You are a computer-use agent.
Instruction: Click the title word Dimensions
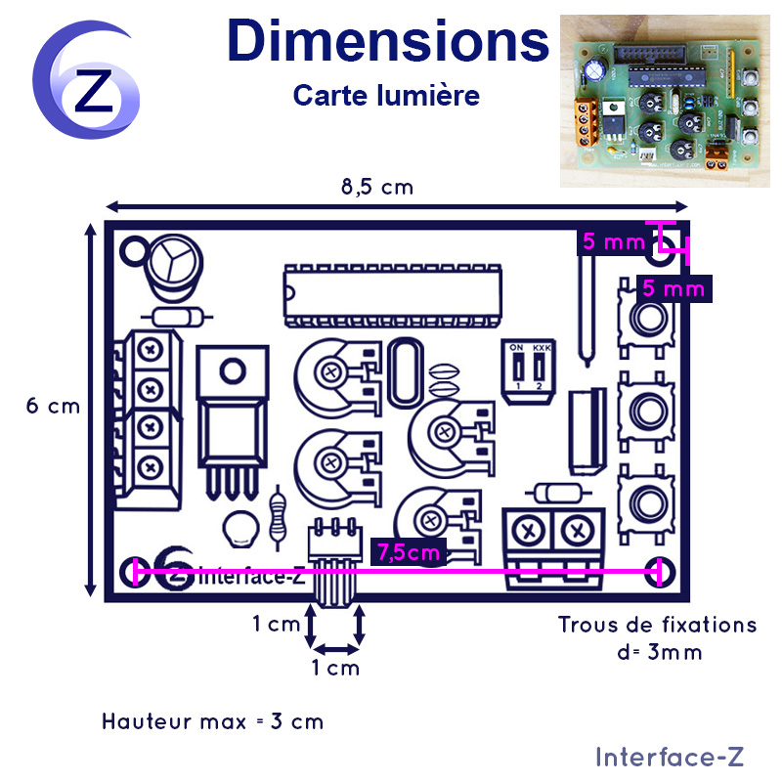click(x=388, y=41)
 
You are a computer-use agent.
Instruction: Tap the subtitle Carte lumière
click(x=386, y=95)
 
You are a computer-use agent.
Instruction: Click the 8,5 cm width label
click(x=377, y=188)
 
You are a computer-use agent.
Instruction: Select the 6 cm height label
click(x=53, y=406)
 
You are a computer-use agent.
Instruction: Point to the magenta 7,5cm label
click(x=409, y=552)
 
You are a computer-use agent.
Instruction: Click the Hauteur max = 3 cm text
click(x=213, y=721)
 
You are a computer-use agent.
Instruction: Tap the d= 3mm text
click(x=659, y=652)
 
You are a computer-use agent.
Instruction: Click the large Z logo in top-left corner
click(x=86, y=80)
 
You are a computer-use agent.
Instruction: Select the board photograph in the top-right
click(x=665, y=102)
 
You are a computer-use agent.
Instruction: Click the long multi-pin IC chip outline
click(x=393, y=296)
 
